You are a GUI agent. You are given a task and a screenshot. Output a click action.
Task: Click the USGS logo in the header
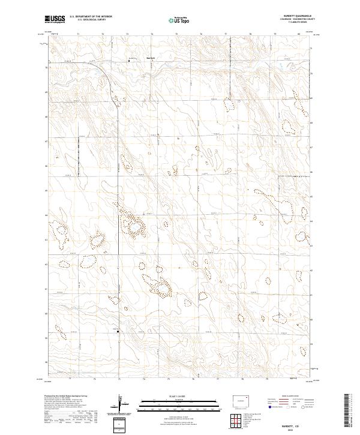coord(55,19)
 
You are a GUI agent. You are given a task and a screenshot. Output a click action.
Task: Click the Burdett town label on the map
coord(151,58)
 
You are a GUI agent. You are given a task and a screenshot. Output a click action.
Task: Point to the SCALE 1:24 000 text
coord(179,395)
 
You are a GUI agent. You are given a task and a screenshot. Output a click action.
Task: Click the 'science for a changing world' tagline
coord(55,22)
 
